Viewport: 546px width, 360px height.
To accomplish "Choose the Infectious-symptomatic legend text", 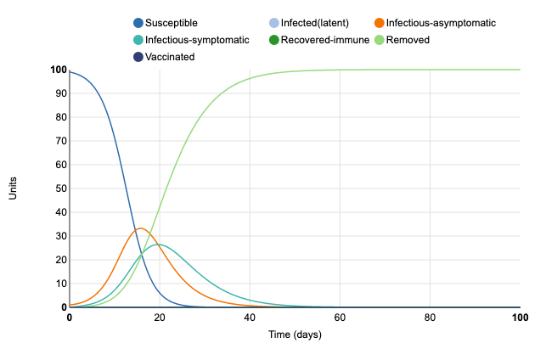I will coord(197,40).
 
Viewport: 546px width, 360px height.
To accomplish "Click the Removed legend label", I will coord(408,40).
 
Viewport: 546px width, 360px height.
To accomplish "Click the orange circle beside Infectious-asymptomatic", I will coord(379,23).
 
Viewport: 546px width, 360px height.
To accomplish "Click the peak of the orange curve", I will coord(141,228).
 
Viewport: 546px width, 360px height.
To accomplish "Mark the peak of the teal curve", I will coord(159,245).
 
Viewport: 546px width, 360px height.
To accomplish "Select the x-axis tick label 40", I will coord(250,318).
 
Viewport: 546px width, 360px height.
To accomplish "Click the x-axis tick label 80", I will coord(430,318).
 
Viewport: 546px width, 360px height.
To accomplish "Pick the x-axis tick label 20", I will coord(160,318).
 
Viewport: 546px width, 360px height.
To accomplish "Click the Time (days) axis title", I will coord(294,335).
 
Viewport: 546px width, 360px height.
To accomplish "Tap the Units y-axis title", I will coord(13,188).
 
